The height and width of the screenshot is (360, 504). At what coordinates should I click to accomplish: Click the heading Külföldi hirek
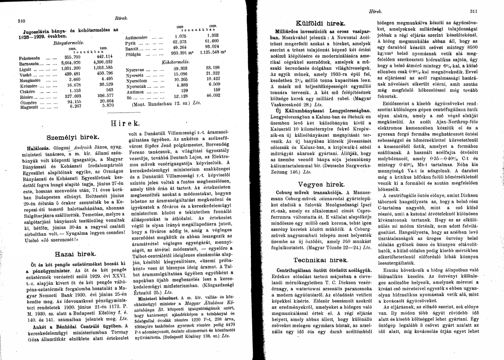pos(320,22)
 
